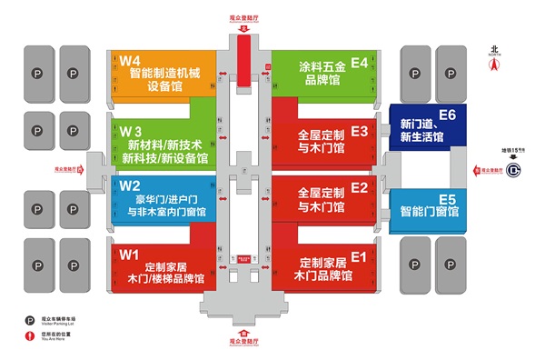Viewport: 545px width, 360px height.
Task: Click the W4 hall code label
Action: [x=128, y=61]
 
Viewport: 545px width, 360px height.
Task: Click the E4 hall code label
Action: [x=360, y=63]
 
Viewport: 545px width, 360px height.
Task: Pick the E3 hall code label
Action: [x=360, y=131]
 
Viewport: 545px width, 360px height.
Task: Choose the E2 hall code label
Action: [x=360, y=188]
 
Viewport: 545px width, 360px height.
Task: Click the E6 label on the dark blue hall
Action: [x=447, y=114]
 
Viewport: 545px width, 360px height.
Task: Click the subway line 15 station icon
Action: [x=514, y=168]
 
